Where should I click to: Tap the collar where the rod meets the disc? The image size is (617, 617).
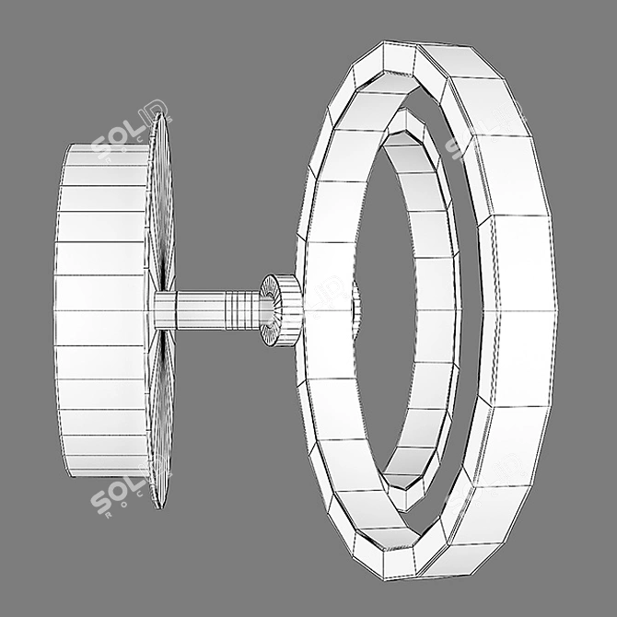[x=165, y=310]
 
